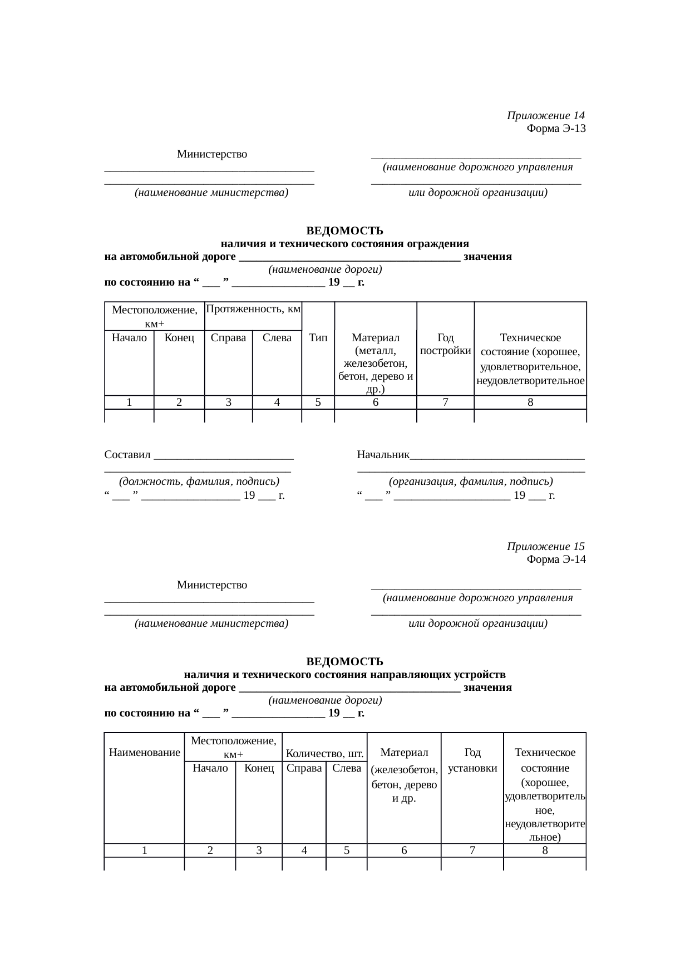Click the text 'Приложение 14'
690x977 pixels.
545,116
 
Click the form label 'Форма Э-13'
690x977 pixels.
555,129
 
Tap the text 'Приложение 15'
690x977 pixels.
545,547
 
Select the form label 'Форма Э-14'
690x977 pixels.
555,559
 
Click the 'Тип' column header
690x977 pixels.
318,337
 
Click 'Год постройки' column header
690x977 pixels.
445,344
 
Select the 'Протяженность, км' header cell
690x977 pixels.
253,308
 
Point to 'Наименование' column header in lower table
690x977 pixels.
145,753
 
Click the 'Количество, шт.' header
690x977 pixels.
324,754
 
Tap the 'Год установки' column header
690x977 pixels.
472,760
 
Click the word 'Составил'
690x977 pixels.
127,455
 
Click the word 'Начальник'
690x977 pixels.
383,455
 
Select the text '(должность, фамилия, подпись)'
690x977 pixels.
199,482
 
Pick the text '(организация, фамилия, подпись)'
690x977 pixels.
471,482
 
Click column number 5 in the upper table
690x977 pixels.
318,402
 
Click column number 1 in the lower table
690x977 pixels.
145,850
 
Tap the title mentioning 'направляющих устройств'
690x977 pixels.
344,675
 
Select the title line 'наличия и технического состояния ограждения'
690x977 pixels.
344,244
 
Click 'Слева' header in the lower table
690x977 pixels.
346,768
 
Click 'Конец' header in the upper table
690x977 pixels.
179,337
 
